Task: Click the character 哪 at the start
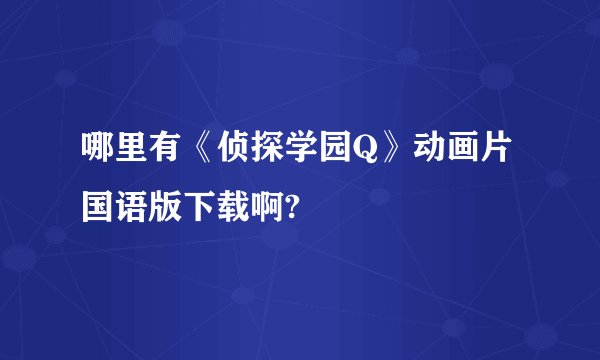point(98,156)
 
